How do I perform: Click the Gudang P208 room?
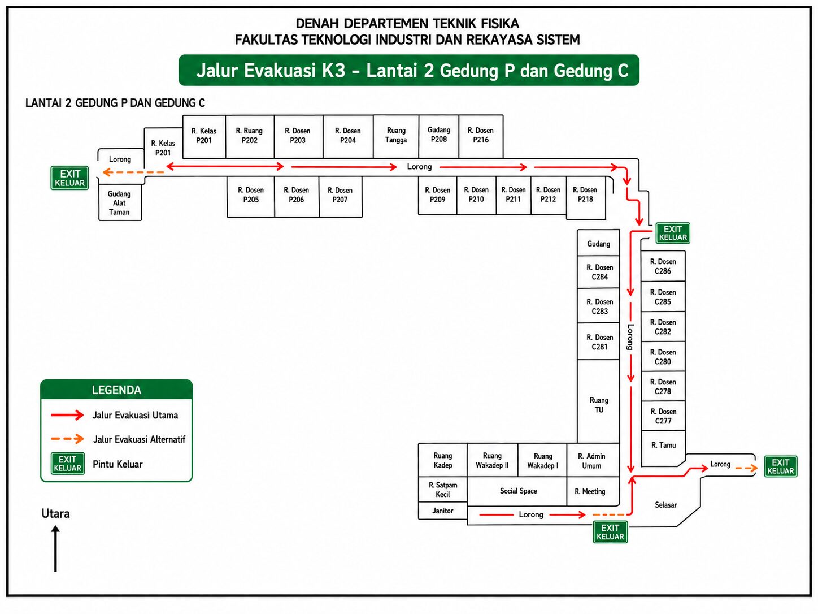pos(438,136)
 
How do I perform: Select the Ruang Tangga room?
pos(396,136)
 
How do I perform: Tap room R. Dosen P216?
pos(481,136)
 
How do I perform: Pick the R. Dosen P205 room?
pos(251,196)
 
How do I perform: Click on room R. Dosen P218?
pos(585,197)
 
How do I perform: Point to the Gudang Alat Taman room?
pos(120,202)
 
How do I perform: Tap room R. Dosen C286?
pos(663,266)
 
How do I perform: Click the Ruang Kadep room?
pos(443,460)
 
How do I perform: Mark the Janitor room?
pos(443,511)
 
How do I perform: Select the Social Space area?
pos(517,491)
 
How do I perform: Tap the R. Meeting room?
pos(593,491)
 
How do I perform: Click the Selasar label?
pos(665,505)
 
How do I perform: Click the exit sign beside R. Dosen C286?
pos(673,233)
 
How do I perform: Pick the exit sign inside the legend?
pos(67,464)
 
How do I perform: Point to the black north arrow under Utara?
pos(55,548)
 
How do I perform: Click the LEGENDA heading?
pos(116,390)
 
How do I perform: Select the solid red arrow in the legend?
pos(67,415)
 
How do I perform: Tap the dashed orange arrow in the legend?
pos(67,438)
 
